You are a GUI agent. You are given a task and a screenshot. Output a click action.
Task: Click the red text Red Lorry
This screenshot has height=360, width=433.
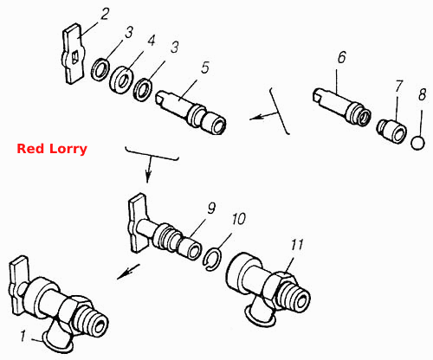click(52, 149)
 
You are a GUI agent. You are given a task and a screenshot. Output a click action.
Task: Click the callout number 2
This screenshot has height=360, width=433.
click(104, 14)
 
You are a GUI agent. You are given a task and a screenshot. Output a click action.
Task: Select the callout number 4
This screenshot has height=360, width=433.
click(152, 41)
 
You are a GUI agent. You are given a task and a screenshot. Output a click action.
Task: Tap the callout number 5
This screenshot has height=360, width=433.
click(204, 67)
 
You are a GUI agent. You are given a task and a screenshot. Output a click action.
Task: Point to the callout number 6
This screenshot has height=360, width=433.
click(341, 57)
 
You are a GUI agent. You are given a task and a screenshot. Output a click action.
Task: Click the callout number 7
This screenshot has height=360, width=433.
click(398, 87)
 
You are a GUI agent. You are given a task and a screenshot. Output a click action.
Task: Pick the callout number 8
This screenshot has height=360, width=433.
click(422, 94)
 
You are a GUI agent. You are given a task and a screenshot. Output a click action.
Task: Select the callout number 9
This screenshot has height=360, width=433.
click(211, 208)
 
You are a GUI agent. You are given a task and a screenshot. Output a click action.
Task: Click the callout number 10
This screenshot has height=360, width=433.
click(238, 219)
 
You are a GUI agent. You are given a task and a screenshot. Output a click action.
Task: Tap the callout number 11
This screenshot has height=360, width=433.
click(297, 245)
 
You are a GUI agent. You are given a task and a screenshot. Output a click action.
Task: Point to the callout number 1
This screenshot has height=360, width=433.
click(23, 337)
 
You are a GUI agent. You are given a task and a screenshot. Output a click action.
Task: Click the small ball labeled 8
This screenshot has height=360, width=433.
click(417, 143)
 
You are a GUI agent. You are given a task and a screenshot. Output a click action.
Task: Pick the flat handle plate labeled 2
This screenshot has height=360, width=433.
click(74, 54)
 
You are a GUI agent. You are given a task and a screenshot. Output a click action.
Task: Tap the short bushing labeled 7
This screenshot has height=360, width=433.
click(392, 132)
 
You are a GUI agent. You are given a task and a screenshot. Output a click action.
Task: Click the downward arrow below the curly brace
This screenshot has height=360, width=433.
click(148, 170)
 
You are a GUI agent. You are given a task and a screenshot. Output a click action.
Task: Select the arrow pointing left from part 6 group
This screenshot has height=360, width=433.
click(264, 116)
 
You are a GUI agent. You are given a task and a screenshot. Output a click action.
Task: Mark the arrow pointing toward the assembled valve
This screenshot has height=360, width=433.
click(128, 272)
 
